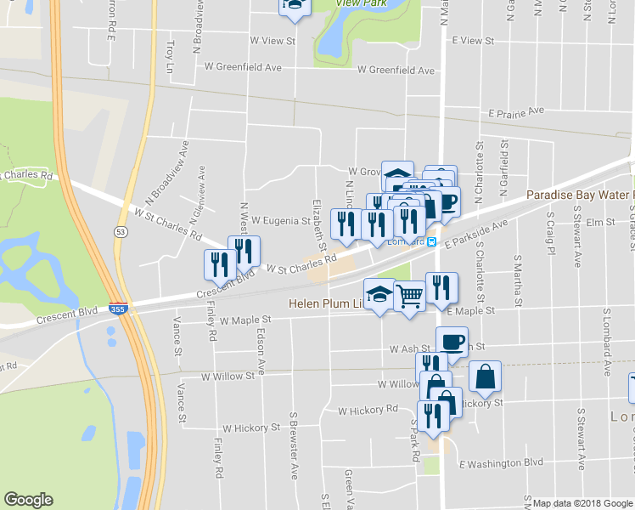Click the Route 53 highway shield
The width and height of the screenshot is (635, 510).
119,232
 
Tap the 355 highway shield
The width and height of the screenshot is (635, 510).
119,310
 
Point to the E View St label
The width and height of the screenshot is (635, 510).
473,40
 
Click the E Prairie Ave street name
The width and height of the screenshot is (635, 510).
515,111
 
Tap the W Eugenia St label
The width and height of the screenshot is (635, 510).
280,221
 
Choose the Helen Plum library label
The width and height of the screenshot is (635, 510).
326,303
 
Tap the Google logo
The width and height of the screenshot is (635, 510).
28,500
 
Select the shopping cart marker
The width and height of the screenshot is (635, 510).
409,296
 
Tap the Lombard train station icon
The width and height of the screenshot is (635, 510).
432,241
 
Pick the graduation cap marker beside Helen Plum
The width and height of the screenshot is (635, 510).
379,293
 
